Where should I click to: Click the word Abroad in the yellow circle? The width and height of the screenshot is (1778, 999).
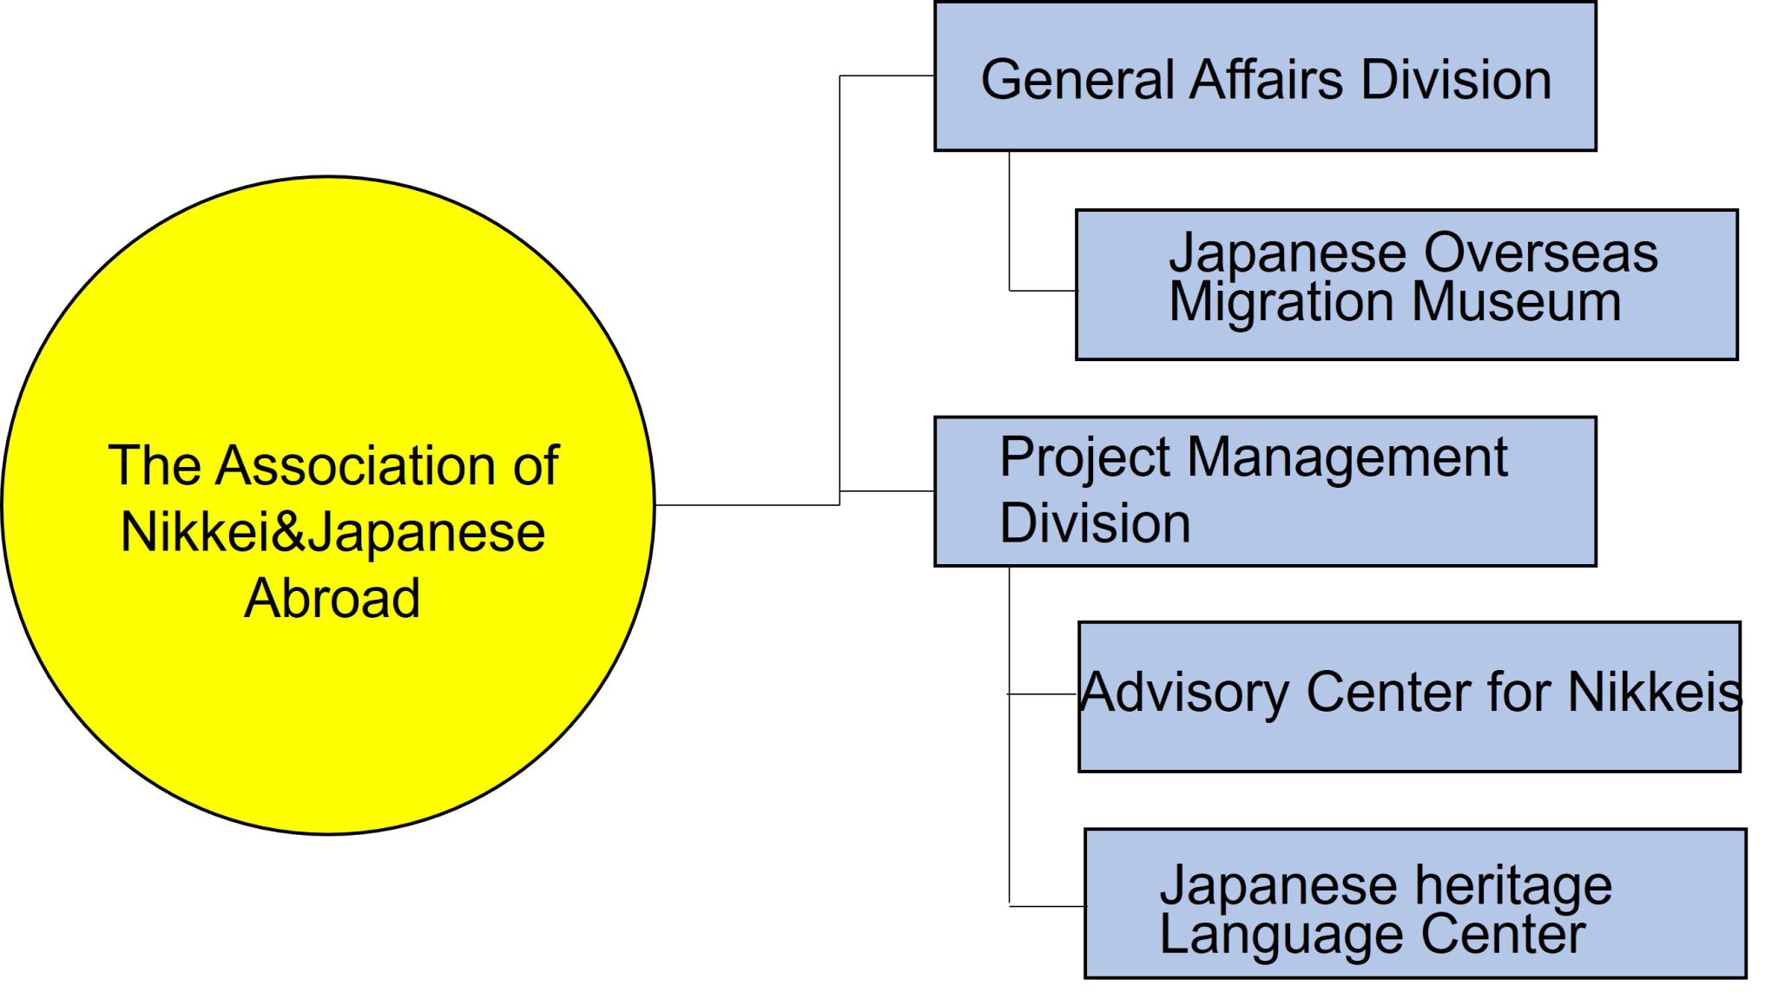tap(333, 599)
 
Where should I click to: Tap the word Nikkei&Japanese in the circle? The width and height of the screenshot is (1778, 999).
tap(333, 532)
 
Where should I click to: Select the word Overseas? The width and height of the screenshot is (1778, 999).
tap(1541, 253)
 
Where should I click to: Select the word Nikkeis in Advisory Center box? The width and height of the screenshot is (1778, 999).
tap(1655, 693)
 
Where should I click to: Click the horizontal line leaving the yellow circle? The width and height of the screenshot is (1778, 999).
tap(747, 504)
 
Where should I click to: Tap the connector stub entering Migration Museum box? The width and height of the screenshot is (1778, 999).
tap(1042, 291)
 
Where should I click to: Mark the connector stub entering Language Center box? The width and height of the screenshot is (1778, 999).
tap(1047, 906)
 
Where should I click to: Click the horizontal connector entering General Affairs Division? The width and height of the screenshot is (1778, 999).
tap(886, 76)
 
